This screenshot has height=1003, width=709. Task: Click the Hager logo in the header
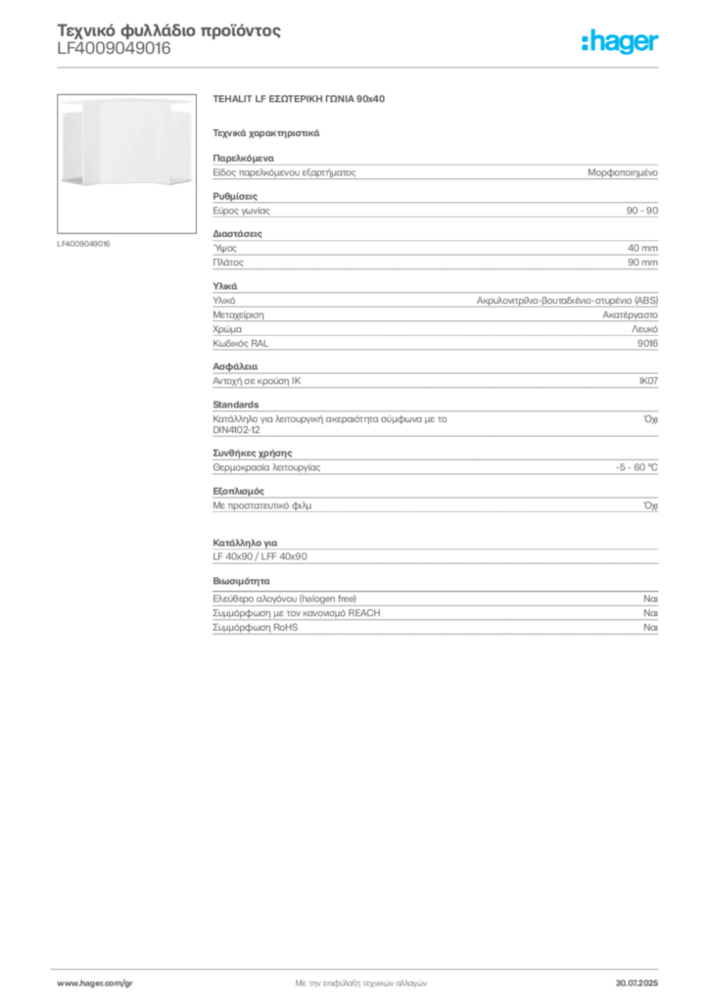(620, 41)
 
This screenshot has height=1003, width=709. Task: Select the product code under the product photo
(83, 244)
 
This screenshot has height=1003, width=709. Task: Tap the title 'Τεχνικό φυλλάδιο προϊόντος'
(168, 30)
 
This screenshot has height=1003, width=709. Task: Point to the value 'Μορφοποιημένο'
(623, 172)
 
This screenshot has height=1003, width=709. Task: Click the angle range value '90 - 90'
(641, 211)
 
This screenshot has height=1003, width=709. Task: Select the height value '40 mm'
(642, 248)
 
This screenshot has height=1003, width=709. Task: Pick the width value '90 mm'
(642, 263)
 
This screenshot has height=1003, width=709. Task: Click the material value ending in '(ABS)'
(567, 301)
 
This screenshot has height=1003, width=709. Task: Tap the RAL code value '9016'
(647, 344)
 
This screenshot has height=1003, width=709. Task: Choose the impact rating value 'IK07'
(648, 381)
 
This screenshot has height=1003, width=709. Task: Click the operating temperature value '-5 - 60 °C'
(637, 467)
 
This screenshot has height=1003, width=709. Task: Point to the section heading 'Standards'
(236, 405)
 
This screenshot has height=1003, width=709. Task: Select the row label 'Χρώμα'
(227, 329)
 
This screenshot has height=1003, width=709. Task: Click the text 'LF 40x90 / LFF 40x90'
(260, 556)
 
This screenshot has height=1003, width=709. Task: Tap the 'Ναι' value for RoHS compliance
(650, 628)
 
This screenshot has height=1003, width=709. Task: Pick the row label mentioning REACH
(297, 613)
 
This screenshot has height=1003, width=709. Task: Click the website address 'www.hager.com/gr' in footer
(95, 983)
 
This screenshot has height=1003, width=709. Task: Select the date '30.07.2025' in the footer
(637, 983)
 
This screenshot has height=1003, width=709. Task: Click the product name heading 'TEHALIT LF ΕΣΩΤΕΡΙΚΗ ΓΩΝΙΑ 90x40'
(299, 99)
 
